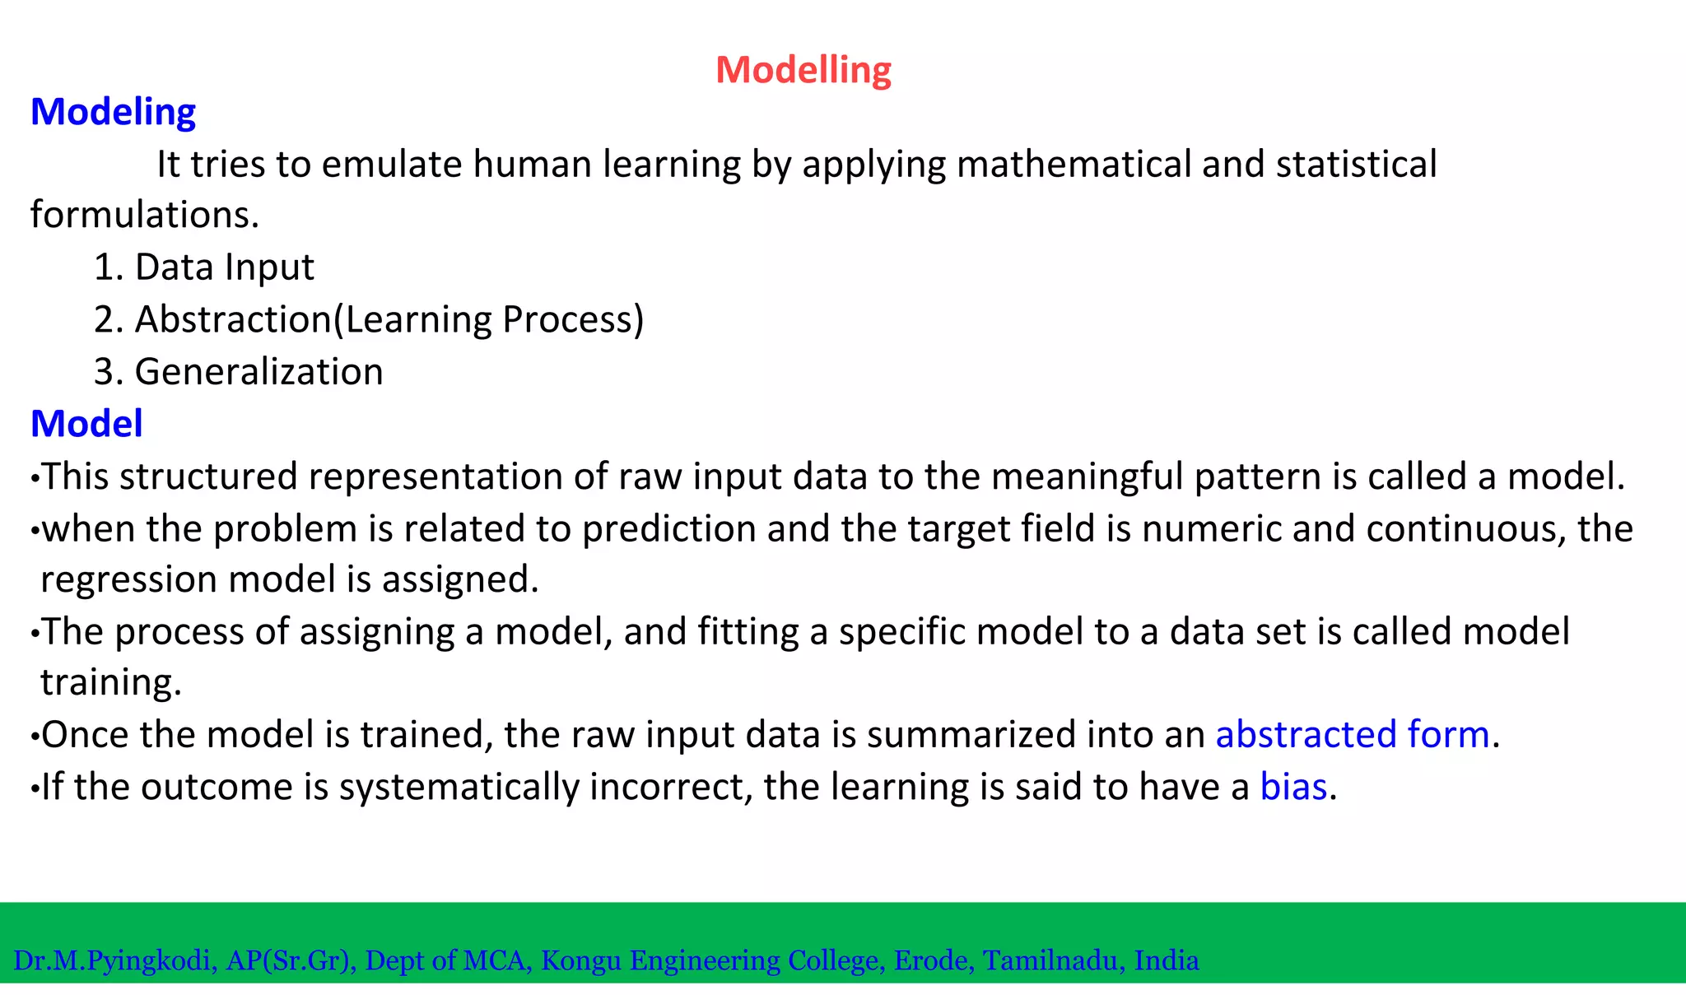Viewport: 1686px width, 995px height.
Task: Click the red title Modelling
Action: pyautogui.click(x=803, y=70)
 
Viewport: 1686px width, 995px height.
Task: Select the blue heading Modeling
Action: pyautogui.click(x=113, y=112)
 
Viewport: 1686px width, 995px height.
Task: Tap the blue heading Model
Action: pyautogui.click(x=86, y=424)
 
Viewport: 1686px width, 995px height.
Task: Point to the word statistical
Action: pyautogui.click(x=1356, y=164)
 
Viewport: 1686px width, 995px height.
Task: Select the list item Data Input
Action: pyautogui.click(x=224, y=267)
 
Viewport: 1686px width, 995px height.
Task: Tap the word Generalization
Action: pyautogui.click(x=258, y=372)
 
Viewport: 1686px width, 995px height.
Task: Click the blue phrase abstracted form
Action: pyautogui.click(x=1353, y=734)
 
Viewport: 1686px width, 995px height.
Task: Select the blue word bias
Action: pyautogui.click(x=1293, y=787)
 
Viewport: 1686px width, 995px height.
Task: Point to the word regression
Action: pyautogui.click(x=128, y=580)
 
